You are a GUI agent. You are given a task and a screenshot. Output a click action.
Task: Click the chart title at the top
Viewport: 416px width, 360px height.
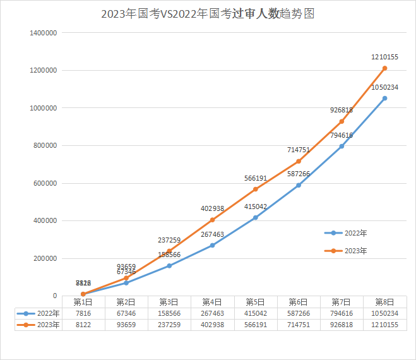(208, 14)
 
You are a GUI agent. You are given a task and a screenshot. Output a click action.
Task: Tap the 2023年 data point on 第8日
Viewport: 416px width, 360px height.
(384, 68)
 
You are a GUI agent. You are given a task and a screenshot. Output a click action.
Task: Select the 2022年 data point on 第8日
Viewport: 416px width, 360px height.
(384, 98)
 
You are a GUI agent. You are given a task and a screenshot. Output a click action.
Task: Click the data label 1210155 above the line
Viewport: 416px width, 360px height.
(384, 57)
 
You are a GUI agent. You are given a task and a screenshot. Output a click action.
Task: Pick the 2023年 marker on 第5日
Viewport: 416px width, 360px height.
(255, 189)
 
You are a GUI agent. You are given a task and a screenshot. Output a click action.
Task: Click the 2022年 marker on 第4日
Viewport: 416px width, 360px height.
(212, 245)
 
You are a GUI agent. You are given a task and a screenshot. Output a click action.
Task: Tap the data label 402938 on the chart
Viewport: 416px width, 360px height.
(212, 208)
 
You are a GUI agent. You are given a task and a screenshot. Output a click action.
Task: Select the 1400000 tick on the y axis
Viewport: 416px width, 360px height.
(44, 33)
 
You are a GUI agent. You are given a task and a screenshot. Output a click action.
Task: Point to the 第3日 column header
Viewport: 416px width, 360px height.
(169, 302)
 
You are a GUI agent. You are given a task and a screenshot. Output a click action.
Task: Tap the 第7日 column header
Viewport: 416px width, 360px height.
(342, 302)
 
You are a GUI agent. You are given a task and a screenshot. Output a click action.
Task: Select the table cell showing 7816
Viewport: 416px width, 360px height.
(83, 313)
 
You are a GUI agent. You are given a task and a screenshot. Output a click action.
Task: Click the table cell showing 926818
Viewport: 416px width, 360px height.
(342, 325)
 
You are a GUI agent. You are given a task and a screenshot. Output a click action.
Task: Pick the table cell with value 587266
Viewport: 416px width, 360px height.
(299, 313)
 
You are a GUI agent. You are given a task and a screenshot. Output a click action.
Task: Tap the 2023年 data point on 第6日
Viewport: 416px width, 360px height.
(299, 161)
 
